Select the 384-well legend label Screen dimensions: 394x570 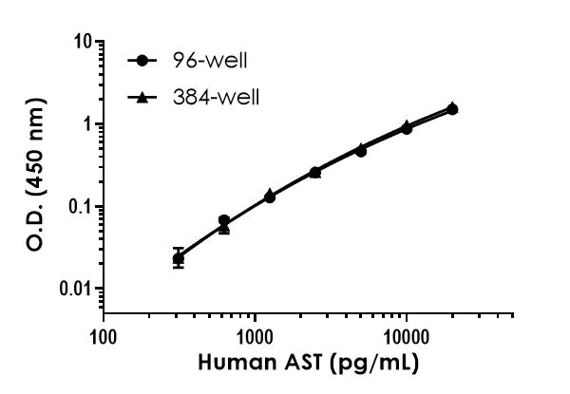tap(211, 97)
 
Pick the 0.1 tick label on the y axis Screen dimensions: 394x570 tap(81, 207)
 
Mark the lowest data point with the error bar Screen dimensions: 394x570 tap(179, 258)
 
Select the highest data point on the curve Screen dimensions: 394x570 tap(452, 109)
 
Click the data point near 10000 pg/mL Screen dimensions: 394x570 tap(407, 127)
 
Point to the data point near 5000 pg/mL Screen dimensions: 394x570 tap(361, 150)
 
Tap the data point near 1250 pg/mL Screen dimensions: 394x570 tap(270, 196)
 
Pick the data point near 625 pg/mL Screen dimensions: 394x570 tap(224, 222)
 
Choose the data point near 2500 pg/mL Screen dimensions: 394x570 tap(315, 172)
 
